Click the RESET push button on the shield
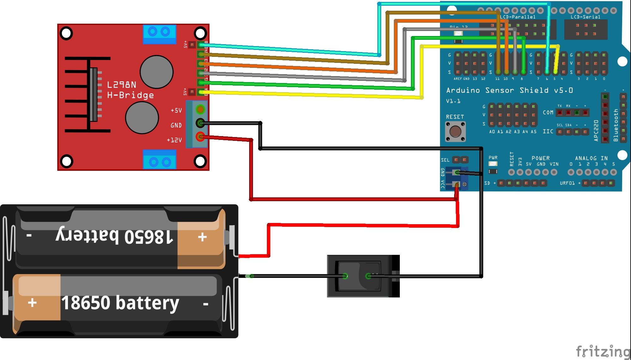tap(455, 131)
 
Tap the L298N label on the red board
tap(122, 85)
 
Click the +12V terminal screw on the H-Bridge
tap(200, 136)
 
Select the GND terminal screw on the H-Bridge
tap(200, 123)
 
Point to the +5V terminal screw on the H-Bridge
tap(200, 109)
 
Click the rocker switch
tap(360, 276)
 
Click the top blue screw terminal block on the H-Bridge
tap(159, 34)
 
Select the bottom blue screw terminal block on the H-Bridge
tap(159, 159)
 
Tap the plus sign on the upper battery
tap(202, 237)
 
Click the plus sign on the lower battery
tap(32, 303)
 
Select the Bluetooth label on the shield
tap(616, 125)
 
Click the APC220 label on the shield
tap(596, 130)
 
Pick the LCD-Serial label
tap(585, 17)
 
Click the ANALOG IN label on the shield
tap(591, 158)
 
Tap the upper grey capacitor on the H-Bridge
tap(156, 72)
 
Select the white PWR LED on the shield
tap(493, 164)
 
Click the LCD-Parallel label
tap(518, 17)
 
